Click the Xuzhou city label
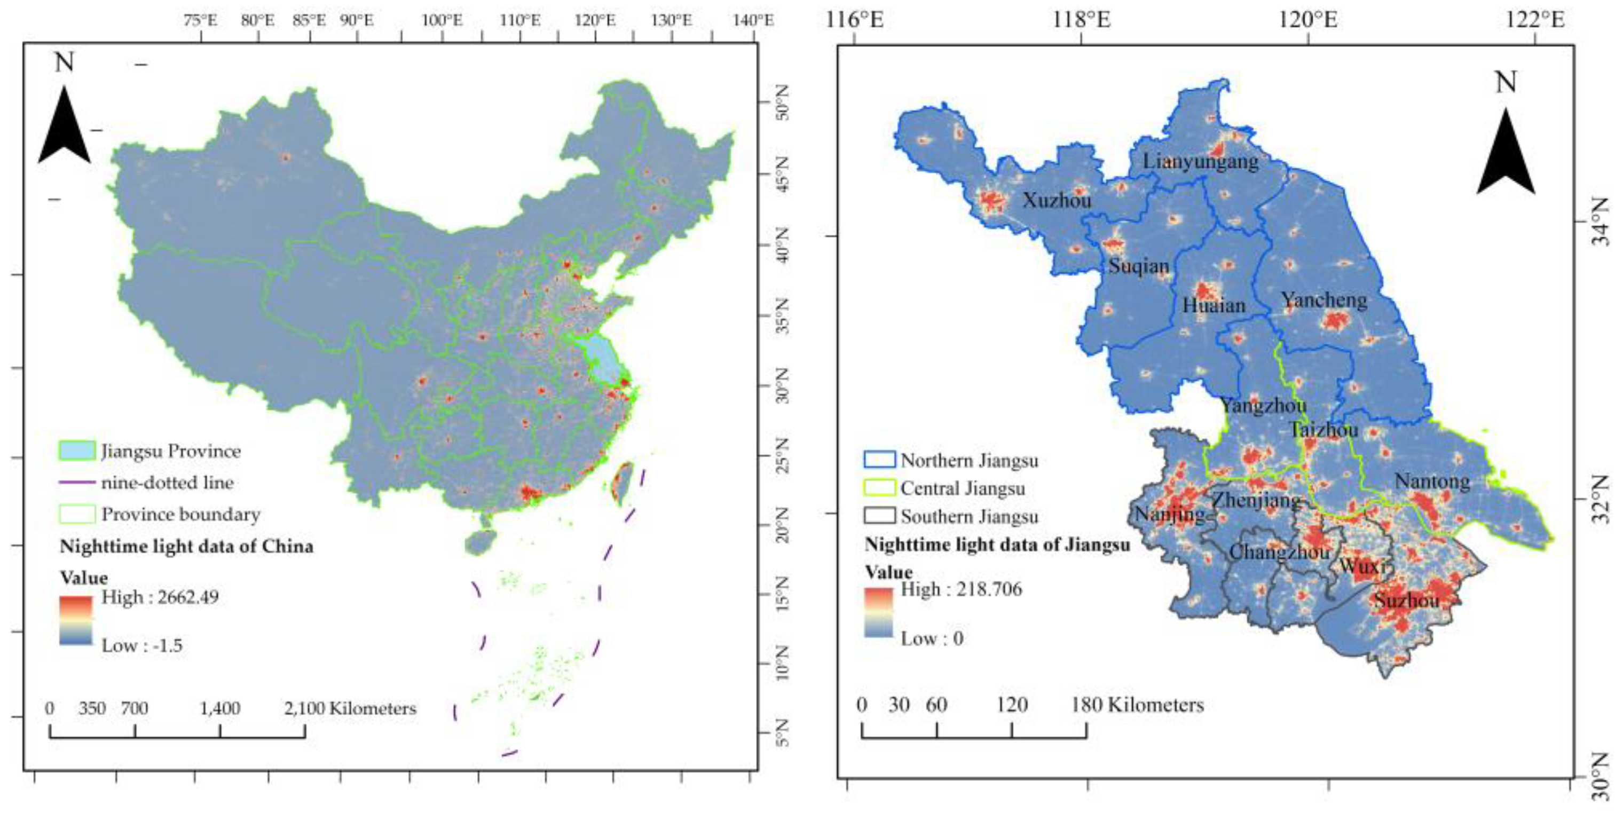1057,200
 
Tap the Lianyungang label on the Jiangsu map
1201,161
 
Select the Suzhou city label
1406,601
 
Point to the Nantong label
1432,481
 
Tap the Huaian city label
1214,305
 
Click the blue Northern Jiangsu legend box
879,459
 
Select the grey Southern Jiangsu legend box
879,516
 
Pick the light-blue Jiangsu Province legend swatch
77,451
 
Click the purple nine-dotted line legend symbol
77,483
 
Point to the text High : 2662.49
160,597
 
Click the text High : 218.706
962,589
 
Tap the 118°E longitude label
1082,20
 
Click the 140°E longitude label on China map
753,20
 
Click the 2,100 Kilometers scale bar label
350,708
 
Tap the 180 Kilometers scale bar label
1137,705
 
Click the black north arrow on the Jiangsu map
1506,151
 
